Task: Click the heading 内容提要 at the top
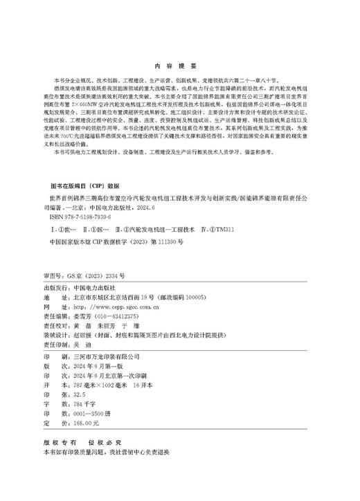[179, 67]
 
